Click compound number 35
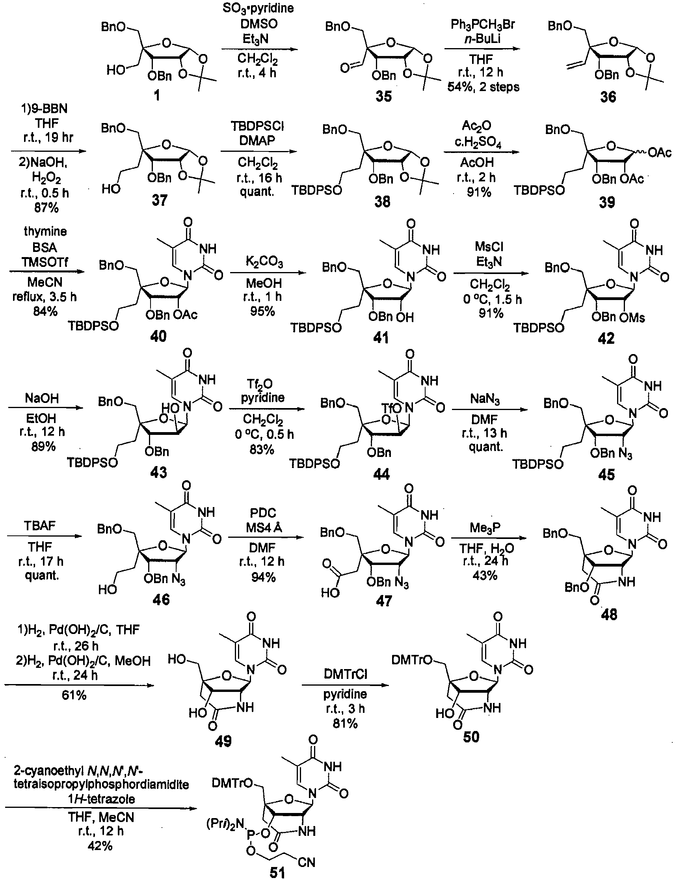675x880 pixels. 383,97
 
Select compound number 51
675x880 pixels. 277,873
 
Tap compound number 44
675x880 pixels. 381,474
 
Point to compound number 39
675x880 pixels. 607,202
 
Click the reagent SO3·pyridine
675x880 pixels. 258,8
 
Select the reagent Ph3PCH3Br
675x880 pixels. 483,25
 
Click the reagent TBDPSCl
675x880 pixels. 257,127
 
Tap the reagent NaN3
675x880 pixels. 485,399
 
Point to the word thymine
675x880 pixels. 45,231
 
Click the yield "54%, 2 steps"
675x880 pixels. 483,87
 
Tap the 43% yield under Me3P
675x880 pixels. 485,575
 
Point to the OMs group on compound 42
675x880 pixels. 632,318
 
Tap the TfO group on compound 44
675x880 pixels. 390,408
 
